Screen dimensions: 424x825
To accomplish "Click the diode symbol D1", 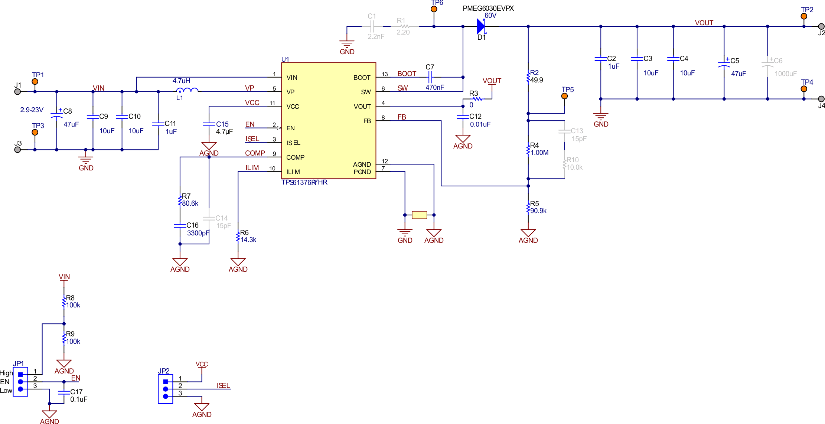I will (x=481, y=26).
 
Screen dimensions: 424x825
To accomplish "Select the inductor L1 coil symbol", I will (x=187, y=90).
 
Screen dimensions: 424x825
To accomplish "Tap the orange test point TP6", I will (x=434, y=9).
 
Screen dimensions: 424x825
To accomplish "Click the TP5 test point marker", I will (x=564, y=96).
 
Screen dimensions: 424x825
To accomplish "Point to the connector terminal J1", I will (x=17, y=92).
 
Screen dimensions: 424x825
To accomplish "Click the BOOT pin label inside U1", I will (x=362, y=78).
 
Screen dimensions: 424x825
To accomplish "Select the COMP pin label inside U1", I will (x=295, y=157).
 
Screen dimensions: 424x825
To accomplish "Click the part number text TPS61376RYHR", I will (x=304, y=182).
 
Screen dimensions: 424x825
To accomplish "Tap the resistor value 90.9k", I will (x=538, y=211).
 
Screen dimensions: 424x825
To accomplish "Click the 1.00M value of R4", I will (x=539, y=153).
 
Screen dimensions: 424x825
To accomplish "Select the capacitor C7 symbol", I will (x=430, y=77).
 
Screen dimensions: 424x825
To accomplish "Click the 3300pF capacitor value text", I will (x=198, y=233).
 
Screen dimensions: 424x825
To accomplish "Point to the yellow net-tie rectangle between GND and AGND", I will (x=419, y=215).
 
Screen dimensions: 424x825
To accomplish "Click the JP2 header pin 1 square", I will (x=166, y=382).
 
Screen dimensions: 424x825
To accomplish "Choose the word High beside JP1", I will (x=6, y=373).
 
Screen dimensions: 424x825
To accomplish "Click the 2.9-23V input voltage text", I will (x=32, y=110).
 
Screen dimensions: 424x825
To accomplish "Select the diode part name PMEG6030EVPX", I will (x=488, y=8).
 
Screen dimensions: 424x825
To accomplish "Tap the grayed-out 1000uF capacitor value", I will (x=785, y=74).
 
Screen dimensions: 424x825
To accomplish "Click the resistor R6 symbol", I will (x=238, y=237).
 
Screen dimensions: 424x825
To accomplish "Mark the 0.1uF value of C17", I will (x=79, y=399).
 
